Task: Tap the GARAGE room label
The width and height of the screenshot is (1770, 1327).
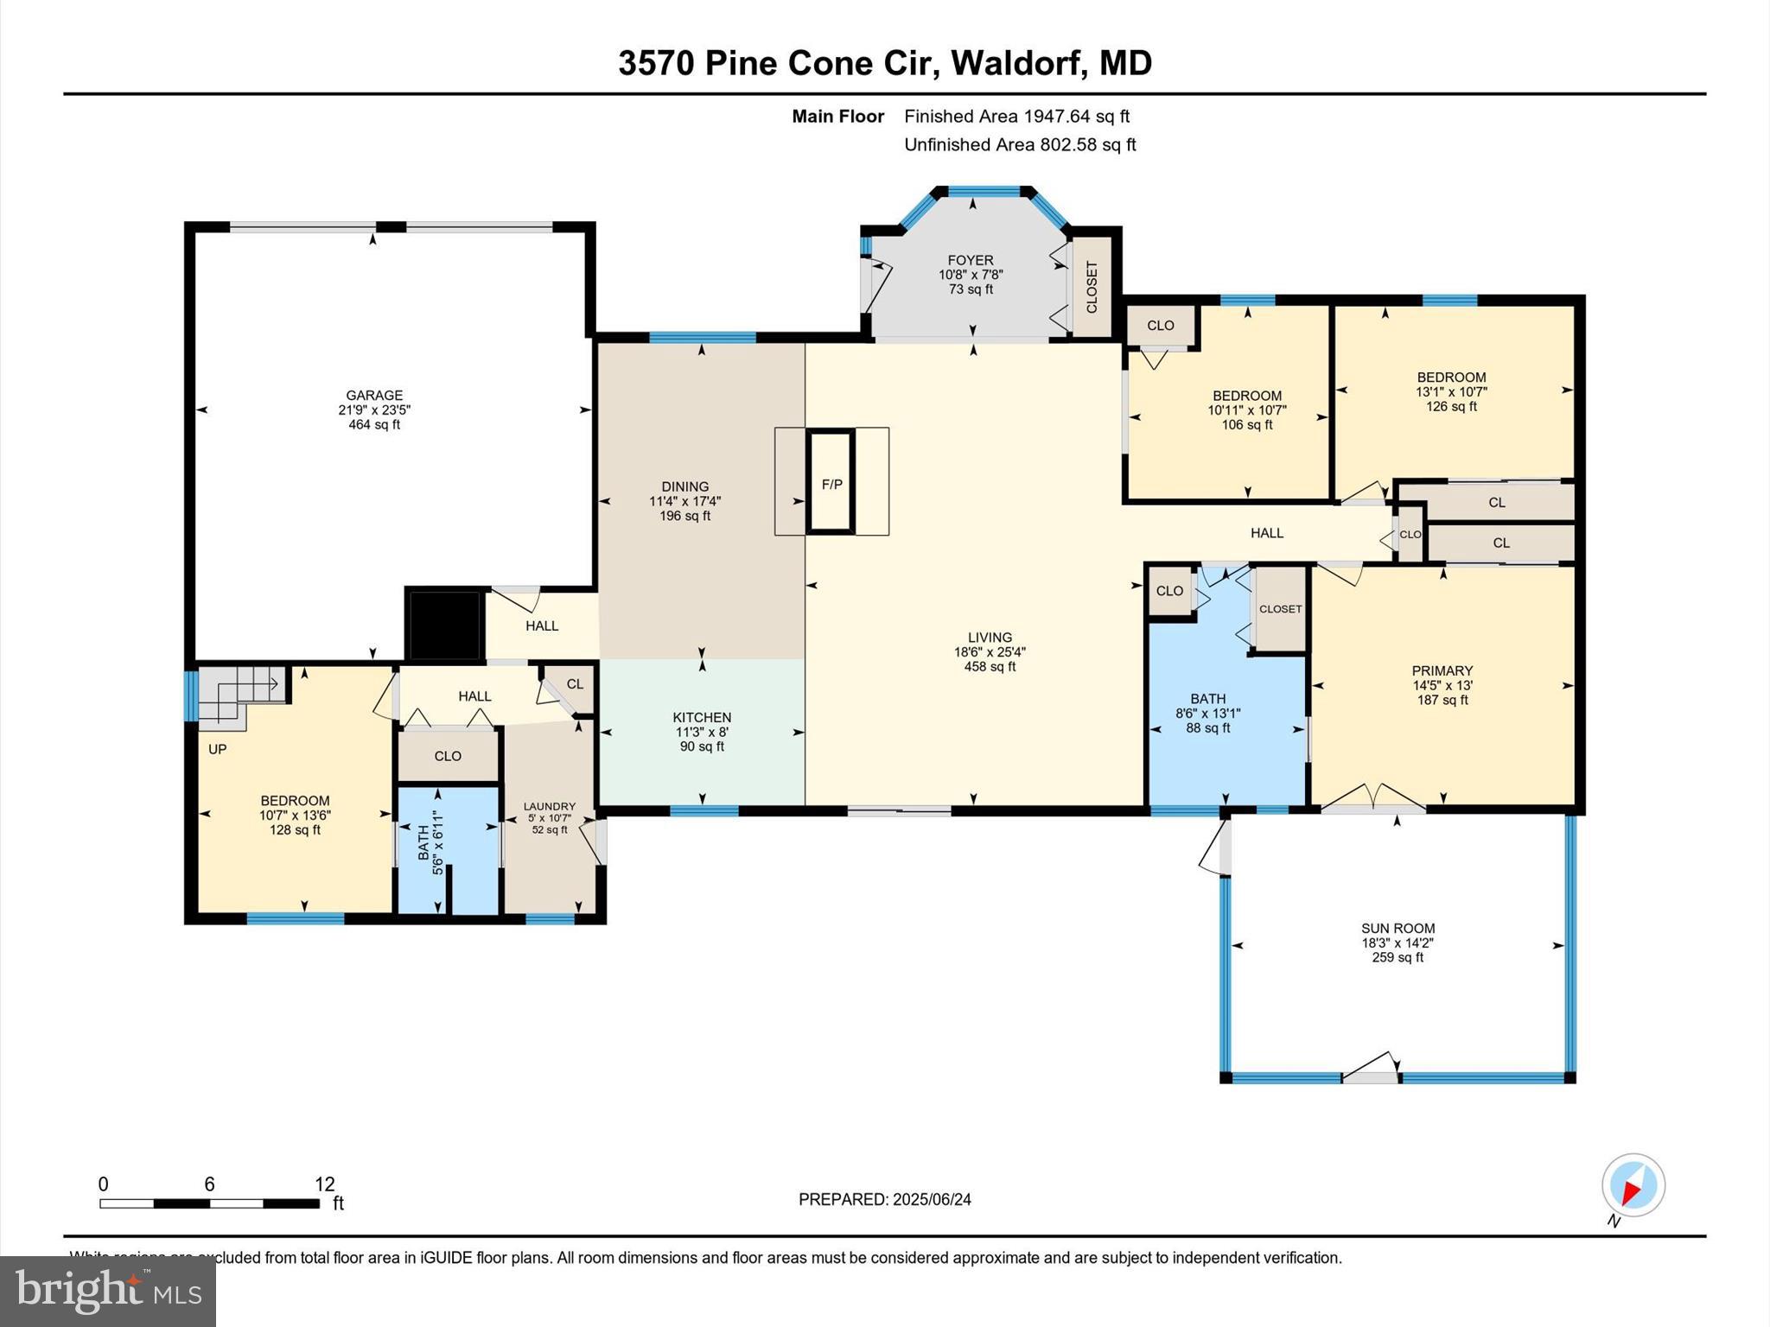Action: click(374, 396)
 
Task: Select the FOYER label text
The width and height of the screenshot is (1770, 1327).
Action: click(971, 260)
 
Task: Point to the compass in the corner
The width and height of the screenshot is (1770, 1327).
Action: click(1633, 1185)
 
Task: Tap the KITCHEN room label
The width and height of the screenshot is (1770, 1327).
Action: click(702, 717)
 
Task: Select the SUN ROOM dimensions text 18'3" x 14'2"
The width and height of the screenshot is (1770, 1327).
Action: click(1398, 943)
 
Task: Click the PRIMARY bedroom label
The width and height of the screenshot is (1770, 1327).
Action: click(1442, 670)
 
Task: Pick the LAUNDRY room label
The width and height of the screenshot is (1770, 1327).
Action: click(549, 806)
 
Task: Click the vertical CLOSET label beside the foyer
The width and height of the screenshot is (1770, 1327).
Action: click(1092, 288)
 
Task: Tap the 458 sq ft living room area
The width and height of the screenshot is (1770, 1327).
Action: click(990, 667)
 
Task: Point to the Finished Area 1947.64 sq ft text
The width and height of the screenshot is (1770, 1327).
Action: click(1016, 116)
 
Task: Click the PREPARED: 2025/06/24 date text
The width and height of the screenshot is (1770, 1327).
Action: click(884, 1199)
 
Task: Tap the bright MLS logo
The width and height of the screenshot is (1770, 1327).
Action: click(108, 1291)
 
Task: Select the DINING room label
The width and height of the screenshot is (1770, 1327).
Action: click(684, 486)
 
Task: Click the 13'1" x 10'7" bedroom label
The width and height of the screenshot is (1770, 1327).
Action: click(1451, 391)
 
